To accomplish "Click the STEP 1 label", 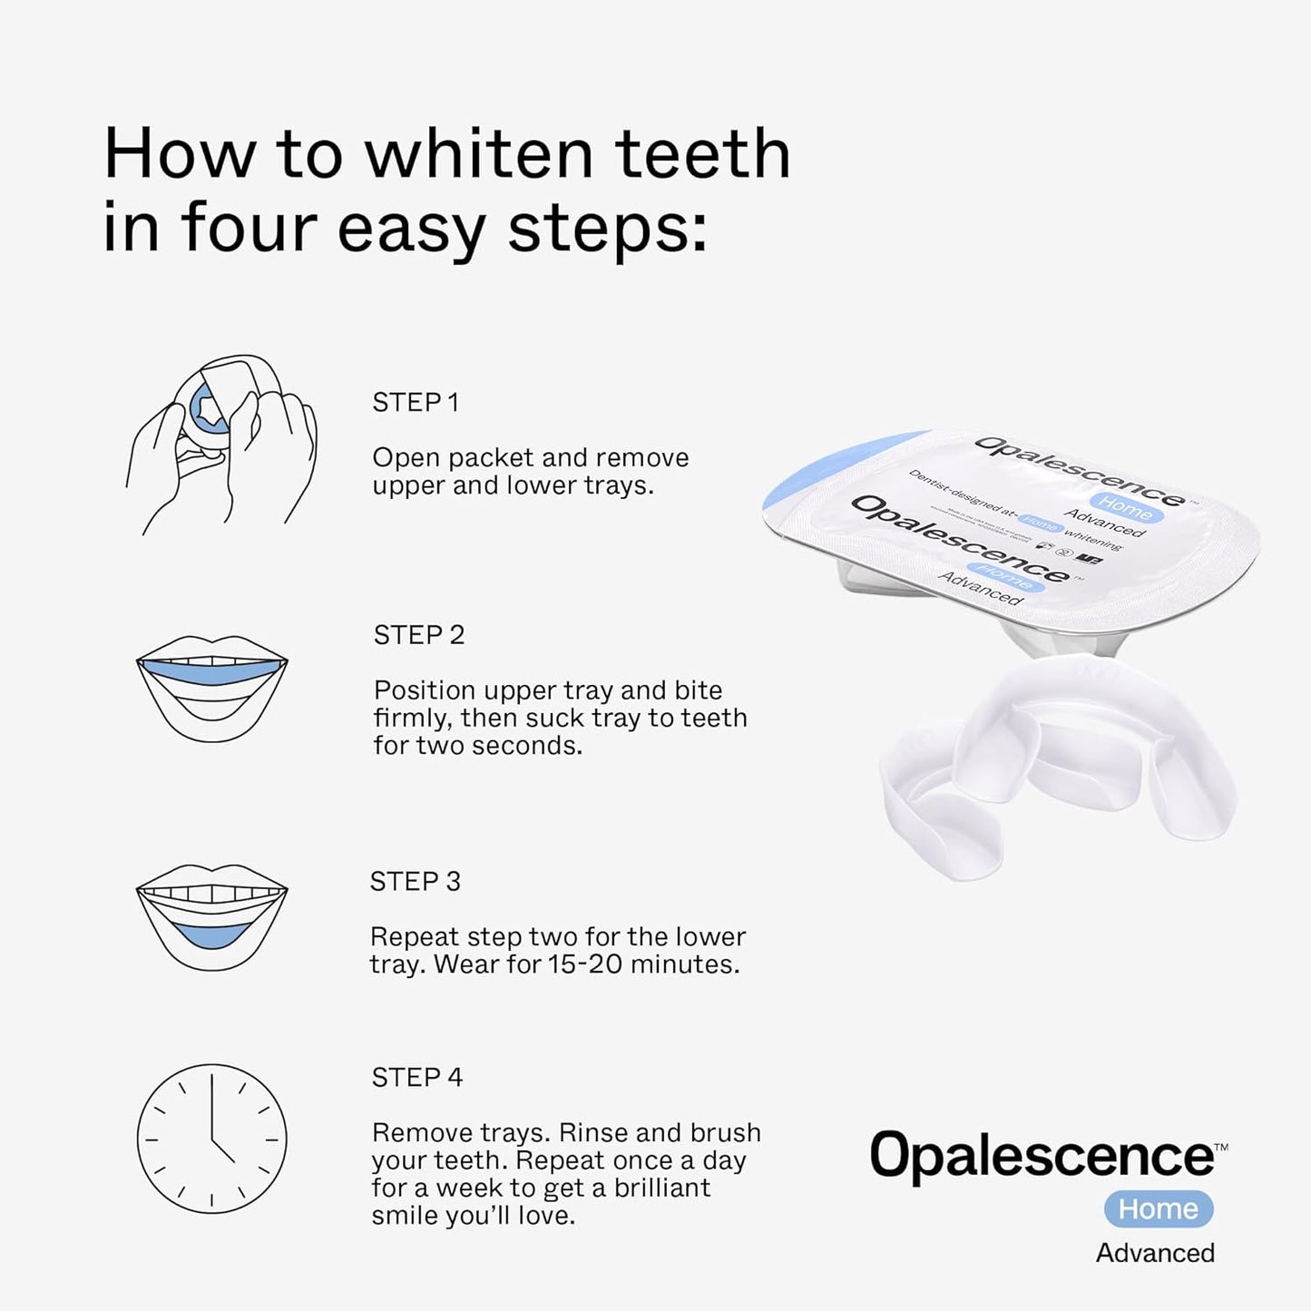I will [416, 402].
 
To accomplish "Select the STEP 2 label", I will [418, 635].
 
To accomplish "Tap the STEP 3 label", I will [415, 882].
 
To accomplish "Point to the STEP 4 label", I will [416, 1078].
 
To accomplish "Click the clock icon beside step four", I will [211, 1139].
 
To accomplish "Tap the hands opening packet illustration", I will [220, 445].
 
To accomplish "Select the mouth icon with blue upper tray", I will [211, 687].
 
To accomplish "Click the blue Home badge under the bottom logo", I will [1158, 1209].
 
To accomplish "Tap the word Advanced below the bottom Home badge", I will [1154, 1253].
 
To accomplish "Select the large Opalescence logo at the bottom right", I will [1043, 1156].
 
